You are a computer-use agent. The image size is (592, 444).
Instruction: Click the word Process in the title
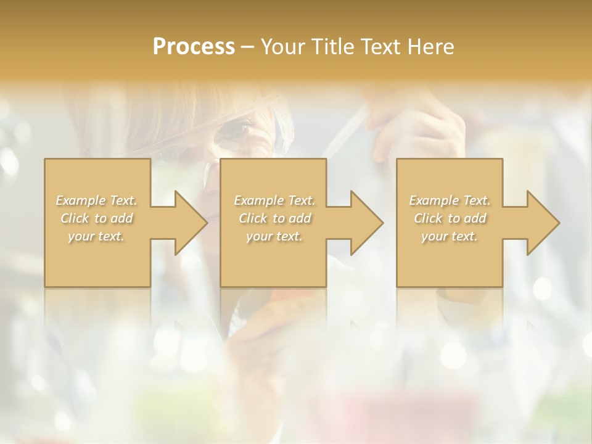tap(194, 46)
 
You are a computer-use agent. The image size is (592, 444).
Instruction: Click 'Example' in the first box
tap(80, 200)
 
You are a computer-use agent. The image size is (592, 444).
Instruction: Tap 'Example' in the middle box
tap(258, 200)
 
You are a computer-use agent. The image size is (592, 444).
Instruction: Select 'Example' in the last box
tap(433, 200)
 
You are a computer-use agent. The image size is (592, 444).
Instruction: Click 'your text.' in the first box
tap(96, 236)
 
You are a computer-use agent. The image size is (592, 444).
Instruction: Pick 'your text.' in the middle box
tap(274, 236)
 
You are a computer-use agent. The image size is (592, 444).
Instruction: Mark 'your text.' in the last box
tap(450, 236)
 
